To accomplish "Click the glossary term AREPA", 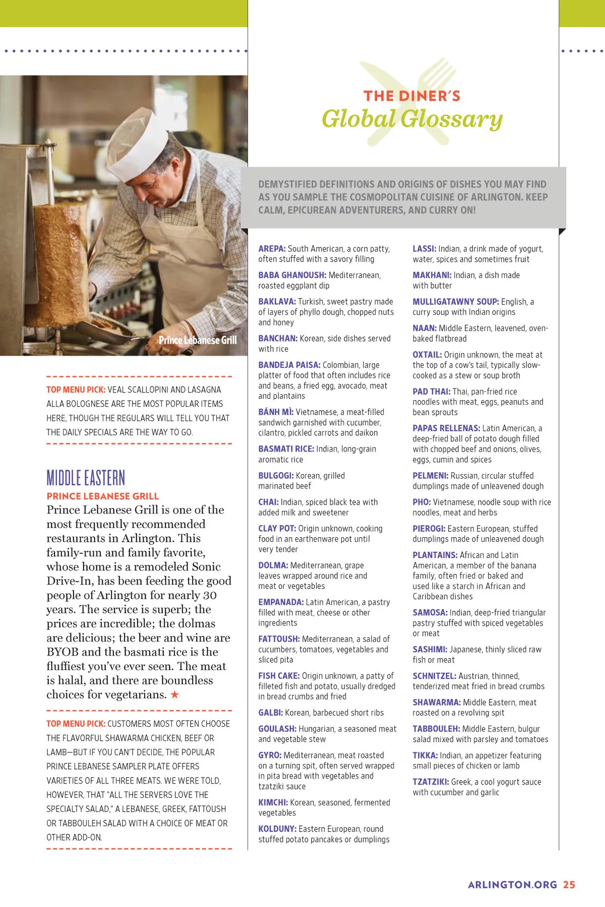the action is pos(272,248).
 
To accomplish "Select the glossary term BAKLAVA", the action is pos(277,301).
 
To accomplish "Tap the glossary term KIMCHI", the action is pos(273,802).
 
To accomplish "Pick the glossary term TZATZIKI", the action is pos(431,782).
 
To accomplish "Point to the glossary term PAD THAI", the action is pos(431,391).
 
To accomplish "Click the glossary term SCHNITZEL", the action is pos(434,676).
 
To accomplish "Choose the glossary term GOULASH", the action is pos(277,729).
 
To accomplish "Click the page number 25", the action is pos(569,884).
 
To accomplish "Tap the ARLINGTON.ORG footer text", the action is pos(512,884).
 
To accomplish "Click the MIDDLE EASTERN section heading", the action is pos(86,478).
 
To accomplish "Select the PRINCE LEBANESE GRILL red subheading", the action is pos(103,496).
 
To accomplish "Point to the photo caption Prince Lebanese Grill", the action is pos(198,340).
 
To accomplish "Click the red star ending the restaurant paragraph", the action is pos(174,694).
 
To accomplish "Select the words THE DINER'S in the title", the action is pos(412,96).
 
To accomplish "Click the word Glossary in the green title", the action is pos(452,119).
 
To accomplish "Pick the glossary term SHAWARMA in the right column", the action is pos(437,702).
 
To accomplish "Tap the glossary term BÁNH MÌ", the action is pos(276,411).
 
